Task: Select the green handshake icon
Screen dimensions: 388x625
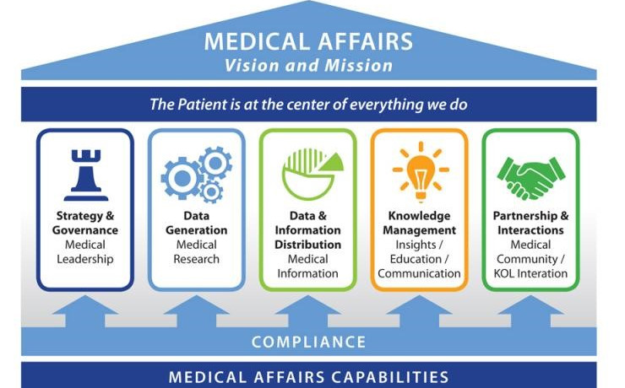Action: (530, 174)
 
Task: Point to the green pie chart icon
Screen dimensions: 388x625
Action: (307, 173)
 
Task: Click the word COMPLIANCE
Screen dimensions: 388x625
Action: (308, 342)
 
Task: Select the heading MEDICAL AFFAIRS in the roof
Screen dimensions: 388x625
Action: (308, 40)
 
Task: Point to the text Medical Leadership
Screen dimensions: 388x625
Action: (84, 252)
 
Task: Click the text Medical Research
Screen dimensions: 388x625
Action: (196, 252)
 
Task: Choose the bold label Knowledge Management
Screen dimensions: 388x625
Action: (419, 224)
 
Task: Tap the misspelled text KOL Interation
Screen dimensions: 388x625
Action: (530, 273)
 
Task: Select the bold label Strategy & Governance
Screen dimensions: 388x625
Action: (84, 224)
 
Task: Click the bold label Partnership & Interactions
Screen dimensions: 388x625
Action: (530, 224)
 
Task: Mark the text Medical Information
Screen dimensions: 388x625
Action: (307, 267)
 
